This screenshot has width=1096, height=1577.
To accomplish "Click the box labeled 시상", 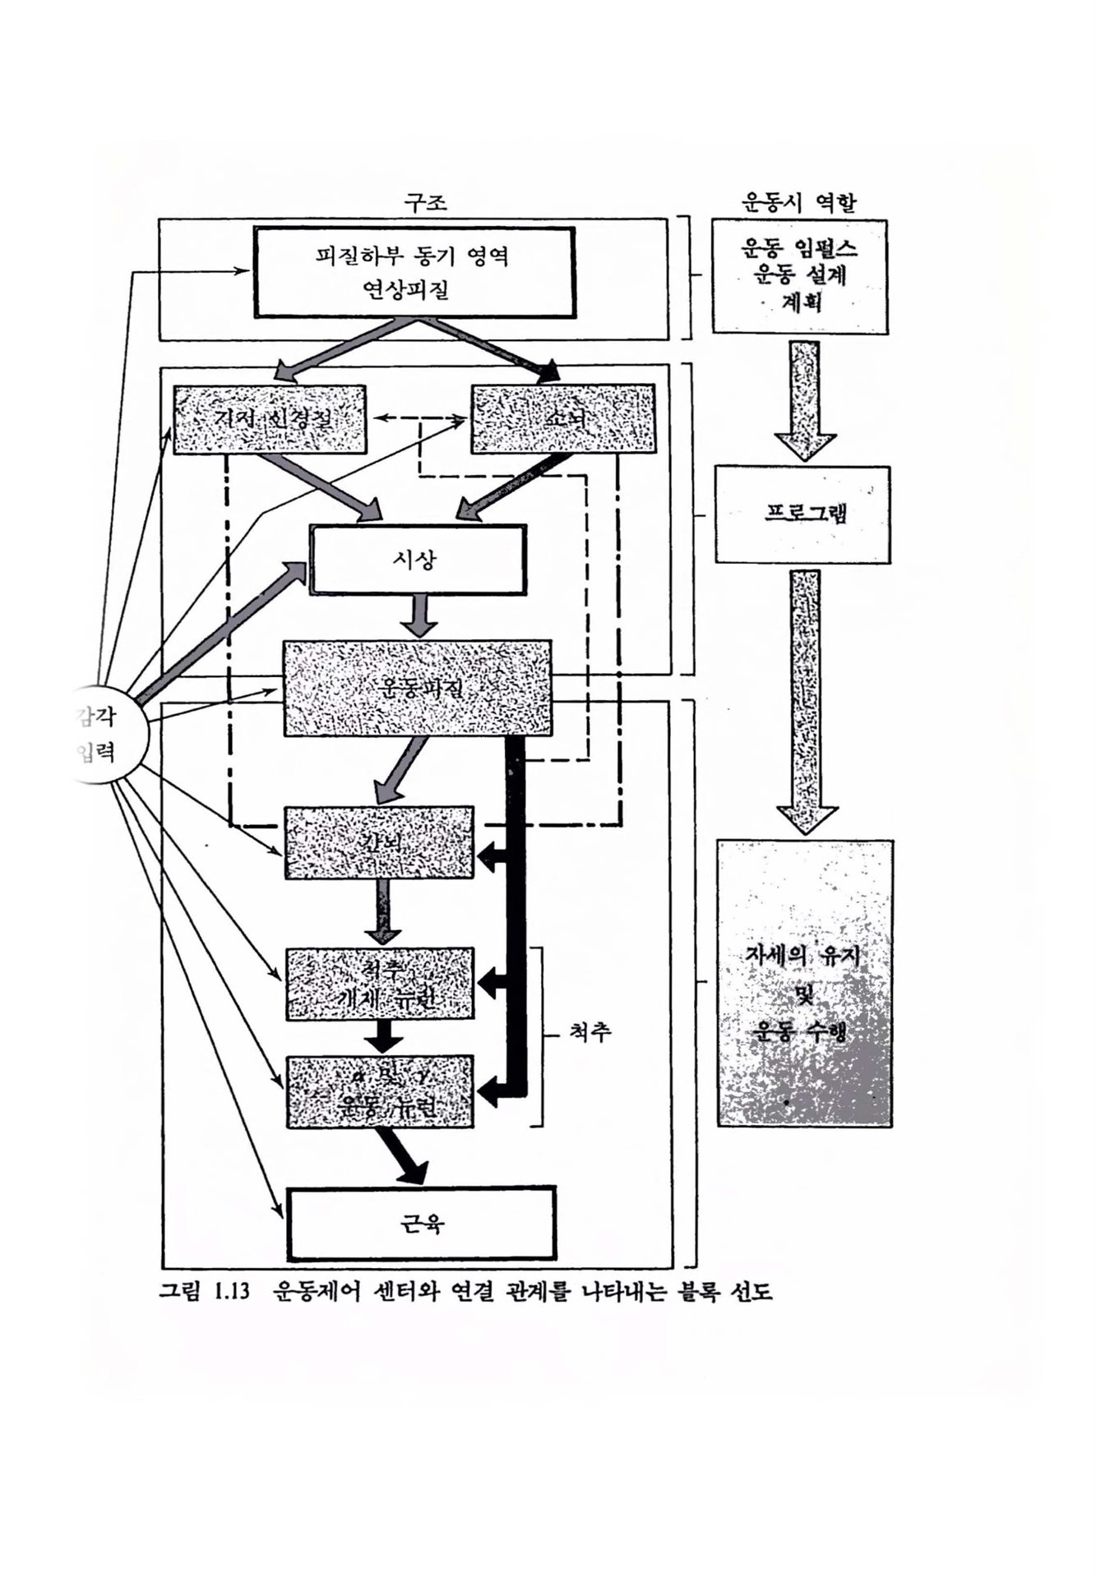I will point(417,560).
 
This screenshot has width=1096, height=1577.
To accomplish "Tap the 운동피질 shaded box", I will point(417,689).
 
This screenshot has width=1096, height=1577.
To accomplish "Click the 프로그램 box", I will point(802,514).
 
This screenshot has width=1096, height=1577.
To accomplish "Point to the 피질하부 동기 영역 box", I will point(413,271).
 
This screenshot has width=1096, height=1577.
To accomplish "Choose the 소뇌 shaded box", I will point(563,419).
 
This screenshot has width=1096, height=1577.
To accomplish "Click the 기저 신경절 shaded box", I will point(269,419).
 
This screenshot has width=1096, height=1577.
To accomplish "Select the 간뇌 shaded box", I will point(379,843).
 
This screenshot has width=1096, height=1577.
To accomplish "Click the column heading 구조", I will point(426,203).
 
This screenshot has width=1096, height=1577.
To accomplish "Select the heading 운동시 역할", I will point(799,203).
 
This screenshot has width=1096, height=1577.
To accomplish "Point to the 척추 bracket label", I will point(590,1033).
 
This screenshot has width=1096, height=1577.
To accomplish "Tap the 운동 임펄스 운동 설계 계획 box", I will point(799,276).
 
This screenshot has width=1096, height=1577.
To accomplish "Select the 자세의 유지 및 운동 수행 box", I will point(804,983).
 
